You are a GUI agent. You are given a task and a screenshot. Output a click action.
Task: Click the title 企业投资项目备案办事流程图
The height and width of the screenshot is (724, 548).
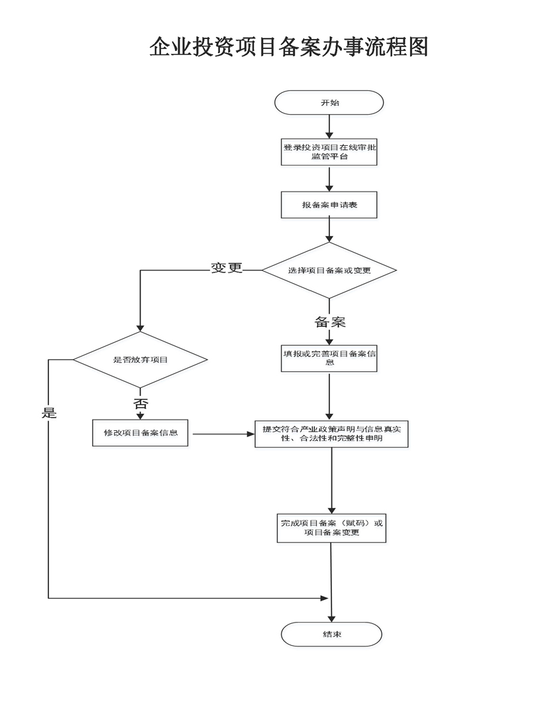tap(289, 46)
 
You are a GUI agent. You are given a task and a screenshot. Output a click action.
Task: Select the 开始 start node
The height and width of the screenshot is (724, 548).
tap(329, 103)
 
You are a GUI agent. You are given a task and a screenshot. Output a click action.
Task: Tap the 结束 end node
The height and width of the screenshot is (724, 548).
tap(331, 634)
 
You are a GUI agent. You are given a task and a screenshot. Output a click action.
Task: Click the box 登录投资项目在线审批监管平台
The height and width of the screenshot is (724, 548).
tap(329, 152)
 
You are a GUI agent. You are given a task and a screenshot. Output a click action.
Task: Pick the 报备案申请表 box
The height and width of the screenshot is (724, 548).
tap(329, 205)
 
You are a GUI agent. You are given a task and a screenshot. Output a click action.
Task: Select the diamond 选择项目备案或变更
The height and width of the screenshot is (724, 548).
tap(329, 270)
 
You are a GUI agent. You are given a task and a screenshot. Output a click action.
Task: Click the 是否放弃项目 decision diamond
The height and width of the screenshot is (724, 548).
tap(140, 360)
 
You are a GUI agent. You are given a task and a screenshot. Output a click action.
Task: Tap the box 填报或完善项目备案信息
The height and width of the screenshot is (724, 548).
tap(329, 358)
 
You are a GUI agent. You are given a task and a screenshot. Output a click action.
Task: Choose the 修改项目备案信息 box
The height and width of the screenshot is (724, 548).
tap(140, 433)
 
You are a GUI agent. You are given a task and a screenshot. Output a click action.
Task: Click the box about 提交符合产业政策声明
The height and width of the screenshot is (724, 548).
tap(331, 434)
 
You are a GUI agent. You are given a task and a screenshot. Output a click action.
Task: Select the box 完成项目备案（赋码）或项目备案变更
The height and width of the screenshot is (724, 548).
tap(331, 528)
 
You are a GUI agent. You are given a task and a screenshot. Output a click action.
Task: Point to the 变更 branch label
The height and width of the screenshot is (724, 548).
tap(227, 268)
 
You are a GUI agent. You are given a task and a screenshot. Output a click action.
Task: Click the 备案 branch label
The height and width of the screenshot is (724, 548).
tap(330, 322)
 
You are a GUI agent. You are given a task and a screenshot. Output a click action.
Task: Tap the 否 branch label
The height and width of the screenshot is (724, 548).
tap(140, 404)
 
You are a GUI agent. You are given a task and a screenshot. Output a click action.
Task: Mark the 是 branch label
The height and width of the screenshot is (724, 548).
tap(49, 412)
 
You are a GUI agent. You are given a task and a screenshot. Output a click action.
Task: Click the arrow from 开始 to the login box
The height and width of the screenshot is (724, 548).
tap(329, 127)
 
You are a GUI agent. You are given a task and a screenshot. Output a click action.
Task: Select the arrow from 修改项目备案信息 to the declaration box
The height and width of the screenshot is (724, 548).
tap(221, 434)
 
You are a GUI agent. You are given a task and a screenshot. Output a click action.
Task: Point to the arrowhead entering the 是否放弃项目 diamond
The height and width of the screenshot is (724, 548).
tap(140, 328)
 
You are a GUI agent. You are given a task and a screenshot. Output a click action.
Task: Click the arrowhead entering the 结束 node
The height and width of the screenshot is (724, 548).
tap(331, 618)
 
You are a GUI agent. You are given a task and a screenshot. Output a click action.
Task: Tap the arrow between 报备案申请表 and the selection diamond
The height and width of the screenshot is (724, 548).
tap(329, 230)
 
